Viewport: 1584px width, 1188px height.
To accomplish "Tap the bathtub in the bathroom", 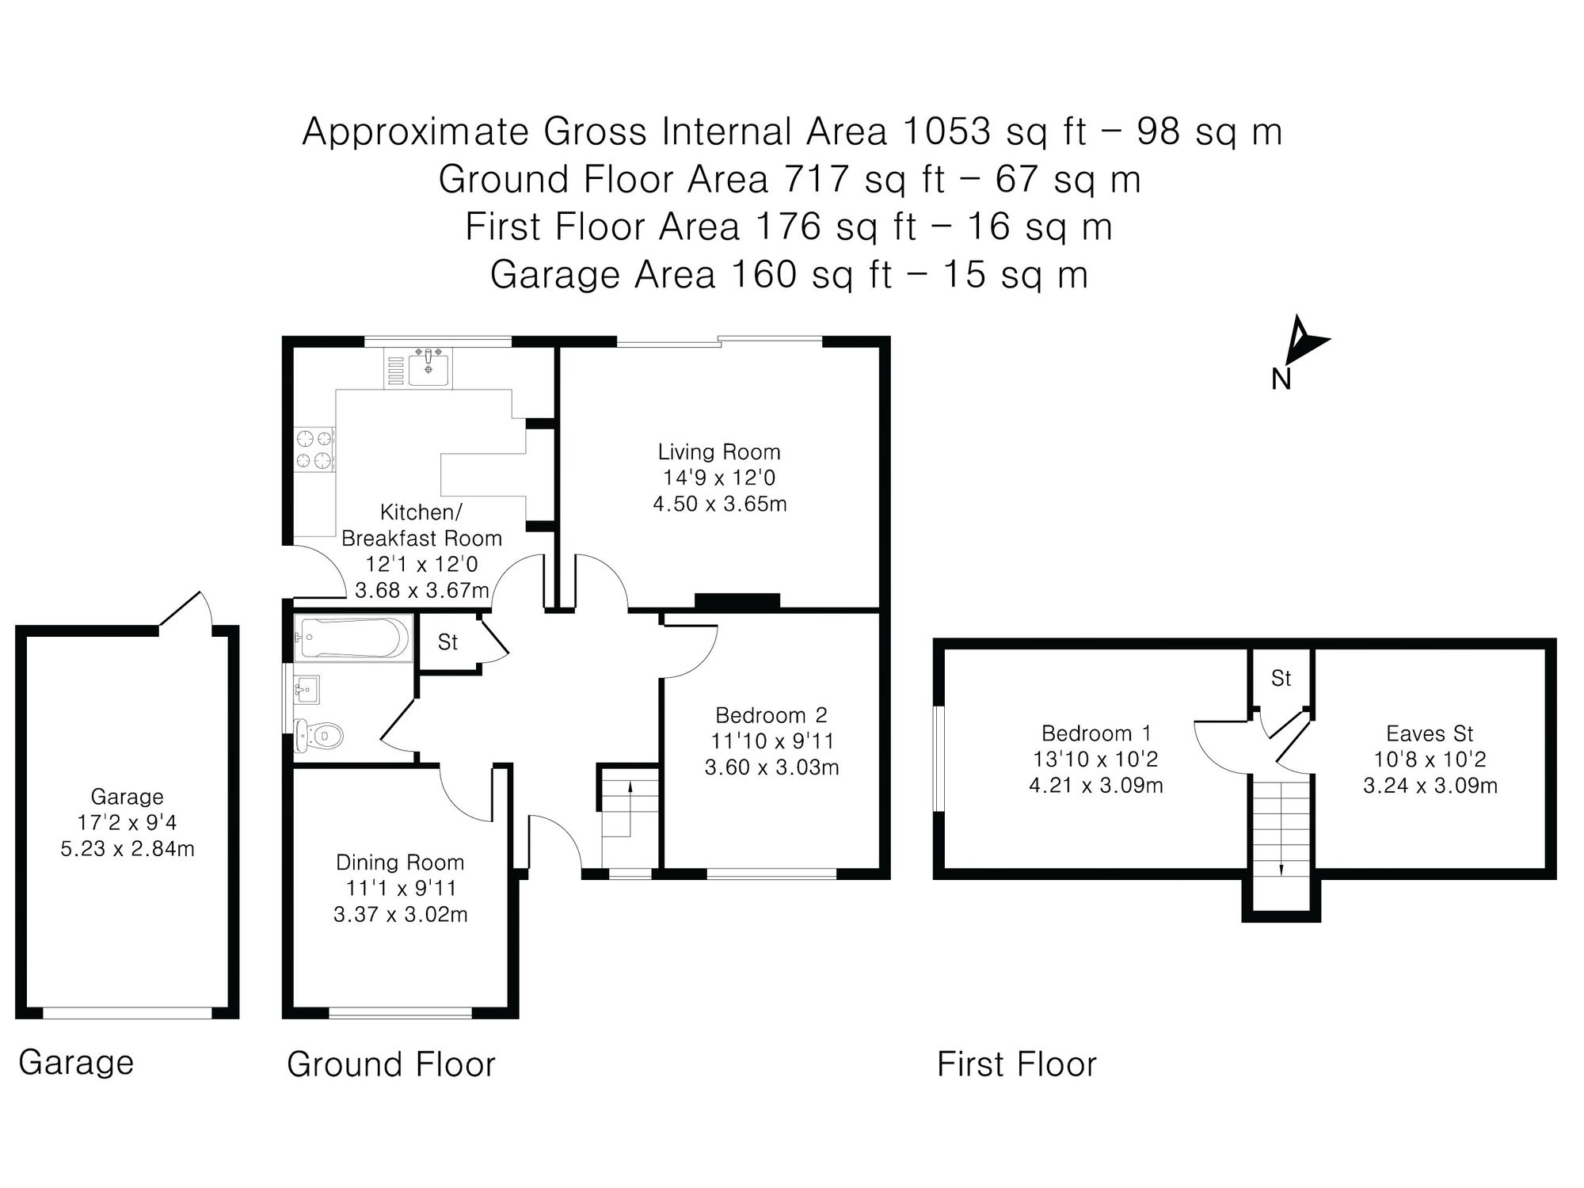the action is (x=352, y=638).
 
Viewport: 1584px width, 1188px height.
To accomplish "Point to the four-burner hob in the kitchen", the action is (x=314, y=449).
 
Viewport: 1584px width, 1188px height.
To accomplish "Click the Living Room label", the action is (x=719, y=452).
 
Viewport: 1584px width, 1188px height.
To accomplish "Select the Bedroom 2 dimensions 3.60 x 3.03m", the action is (x=771, y=767).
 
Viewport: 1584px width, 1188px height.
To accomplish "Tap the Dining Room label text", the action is (x=400, y=862).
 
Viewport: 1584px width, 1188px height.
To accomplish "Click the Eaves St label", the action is (x=1430, y=733).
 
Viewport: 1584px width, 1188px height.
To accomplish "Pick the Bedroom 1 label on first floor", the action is (x=1096, y=733).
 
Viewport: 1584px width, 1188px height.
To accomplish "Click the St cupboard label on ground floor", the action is (x=447, y=642).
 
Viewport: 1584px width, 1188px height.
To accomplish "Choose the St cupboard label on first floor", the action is (x=1281, y=678).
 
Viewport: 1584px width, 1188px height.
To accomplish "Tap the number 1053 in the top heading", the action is (x=946, y=131).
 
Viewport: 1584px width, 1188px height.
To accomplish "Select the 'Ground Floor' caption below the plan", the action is (x=391, y=1064).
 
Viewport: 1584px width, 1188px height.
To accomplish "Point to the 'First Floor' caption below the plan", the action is (x=1017, y=1064).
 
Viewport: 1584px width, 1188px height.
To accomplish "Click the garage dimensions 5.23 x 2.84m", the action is (x=128, y=849).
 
